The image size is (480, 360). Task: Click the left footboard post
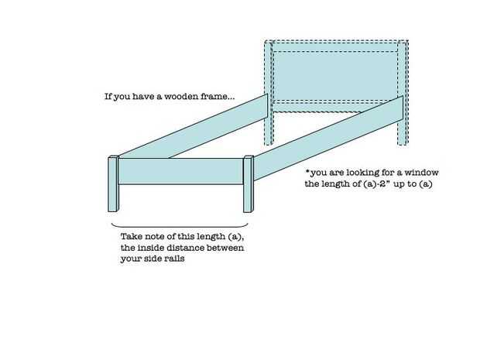coord(112,184)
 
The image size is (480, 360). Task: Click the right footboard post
coord(248,184)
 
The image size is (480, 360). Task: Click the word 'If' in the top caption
coord(108,98)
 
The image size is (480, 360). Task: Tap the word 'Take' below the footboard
coord(132,236)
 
